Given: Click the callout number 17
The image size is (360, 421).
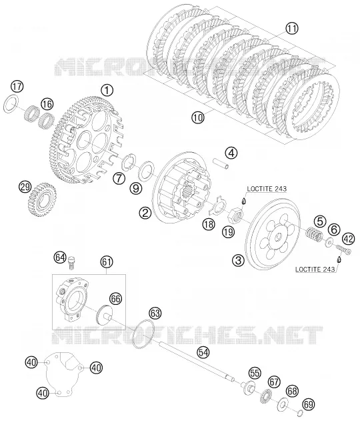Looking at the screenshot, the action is (x=17, y=87).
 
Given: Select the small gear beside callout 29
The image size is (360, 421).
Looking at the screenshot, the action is (x=42, y=199).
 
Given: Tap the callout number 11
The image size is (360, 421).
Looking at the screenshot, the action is (x=291, y=28).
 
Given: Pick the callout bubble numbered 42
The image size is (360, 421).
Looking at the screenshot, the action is (x=349, y=239).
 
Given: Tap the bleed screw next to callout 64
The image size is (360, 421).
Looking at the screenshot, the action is (x=72, y=262).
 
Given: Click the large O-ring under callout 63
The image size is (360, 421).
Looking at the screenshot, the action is (x=144, y=334).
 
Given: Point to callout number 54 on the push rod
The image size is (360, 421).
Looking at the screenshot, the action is (x=203, y=352).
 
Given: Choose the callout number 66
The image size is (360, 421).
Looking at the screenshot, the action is (x=115, y=298).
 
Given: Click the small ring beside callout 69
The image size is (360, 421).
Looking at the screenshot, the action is (x=300, y=413).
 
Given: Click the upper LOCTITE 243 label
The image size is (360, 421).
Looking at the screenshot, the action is (x=267, y=189).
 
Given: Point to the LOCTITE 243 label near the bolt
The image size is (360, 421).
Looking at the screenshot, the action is (x=315, y=269).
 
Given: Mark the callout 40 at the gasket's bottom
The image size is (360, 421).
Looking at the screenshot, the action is (x=43, y=394).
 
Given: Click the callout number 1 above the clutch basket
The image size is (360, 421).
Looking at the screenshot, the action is (x=107, y=91).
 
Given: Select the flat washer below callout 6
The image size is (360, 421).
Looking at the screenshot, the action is (x=329, y=242).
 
